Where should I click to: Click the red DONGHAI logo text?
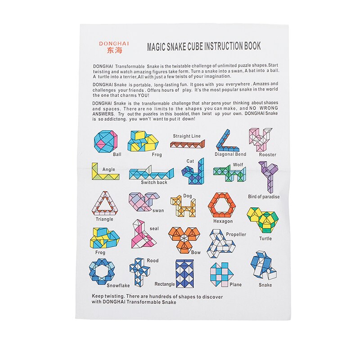coord(114,44)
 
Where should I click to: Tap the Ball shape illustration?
coord(106,141)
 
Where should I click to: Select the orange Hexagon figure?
coord(222,205)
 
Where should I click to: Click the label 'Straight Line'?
coord(187,136)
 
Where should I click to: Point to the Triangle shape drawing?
coord(104,203)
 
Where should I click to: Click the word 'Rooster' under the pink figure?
coord(267,155)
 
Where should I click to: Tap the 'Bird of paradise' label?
coord(264,197)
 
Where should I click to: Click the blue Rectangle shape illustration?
coord(184,273)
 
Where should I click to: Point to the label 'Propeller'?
coord(236,234)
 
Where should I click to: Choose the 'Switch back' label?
coord(154,183)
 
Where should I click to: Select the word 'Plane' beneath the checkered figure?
coord(235,284)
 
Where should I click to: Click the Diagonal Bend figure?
coord(226,141)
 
